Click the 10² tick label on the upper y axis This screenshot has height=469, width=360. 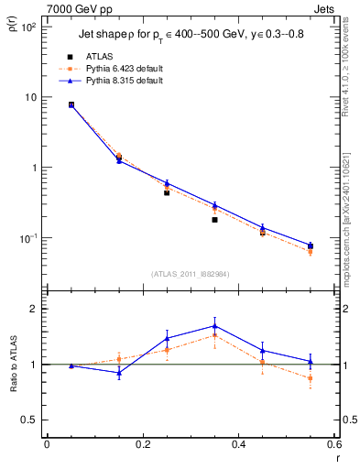(x=28, y=27)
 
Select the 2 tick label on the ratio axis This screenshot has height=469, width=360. (x=35, y=309)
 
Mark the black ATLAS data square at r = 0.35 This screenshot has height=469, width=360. (x=214, y=220)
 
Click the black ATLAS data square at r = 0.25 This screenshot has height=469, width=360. (x=167, y=192)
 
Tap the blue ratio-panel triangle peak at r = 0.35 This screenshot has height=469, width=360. (x=214, y=325)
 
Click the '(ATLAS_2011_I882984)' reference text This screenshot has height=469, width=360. (x=190, y=274)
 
